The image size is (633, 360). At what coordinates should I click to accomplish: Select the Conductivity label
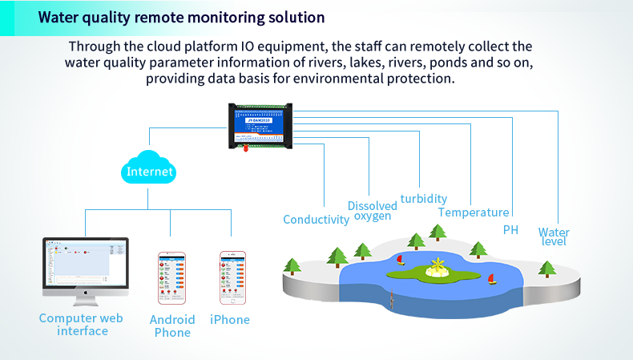tap(316, 220)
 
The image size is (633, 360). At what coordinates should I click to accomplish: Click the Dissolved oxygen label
tap(373, 211)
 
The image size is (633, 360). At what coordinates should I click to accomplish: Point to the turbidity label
tap(424, 199)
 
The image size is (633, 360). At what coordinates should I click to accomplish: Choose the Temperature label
tap(474, 212)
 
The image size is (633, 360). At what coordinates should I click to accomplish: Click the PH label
tap(510, 230)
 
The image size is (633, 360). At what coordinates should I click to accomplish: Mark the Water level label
tap(554, 237)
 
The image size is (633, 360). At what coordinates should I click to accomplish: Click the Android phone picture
tap(172, 277)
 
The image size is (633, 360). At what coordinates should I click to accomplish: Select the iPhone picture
tap(231, 277)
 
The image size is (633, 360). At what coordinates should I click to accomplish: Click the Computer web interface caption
tap(82, 325)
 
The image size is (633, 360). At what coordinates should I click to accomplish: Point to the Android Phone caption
tap(172, 326)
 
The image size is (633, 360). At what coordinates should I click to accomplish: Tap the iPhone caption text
tap(230, 320)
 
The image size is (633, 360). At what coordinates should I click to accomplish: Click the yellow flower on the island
tap(437, 267)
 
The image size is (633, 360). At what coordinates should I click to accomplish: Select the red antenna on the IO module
tap(247, 147)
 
